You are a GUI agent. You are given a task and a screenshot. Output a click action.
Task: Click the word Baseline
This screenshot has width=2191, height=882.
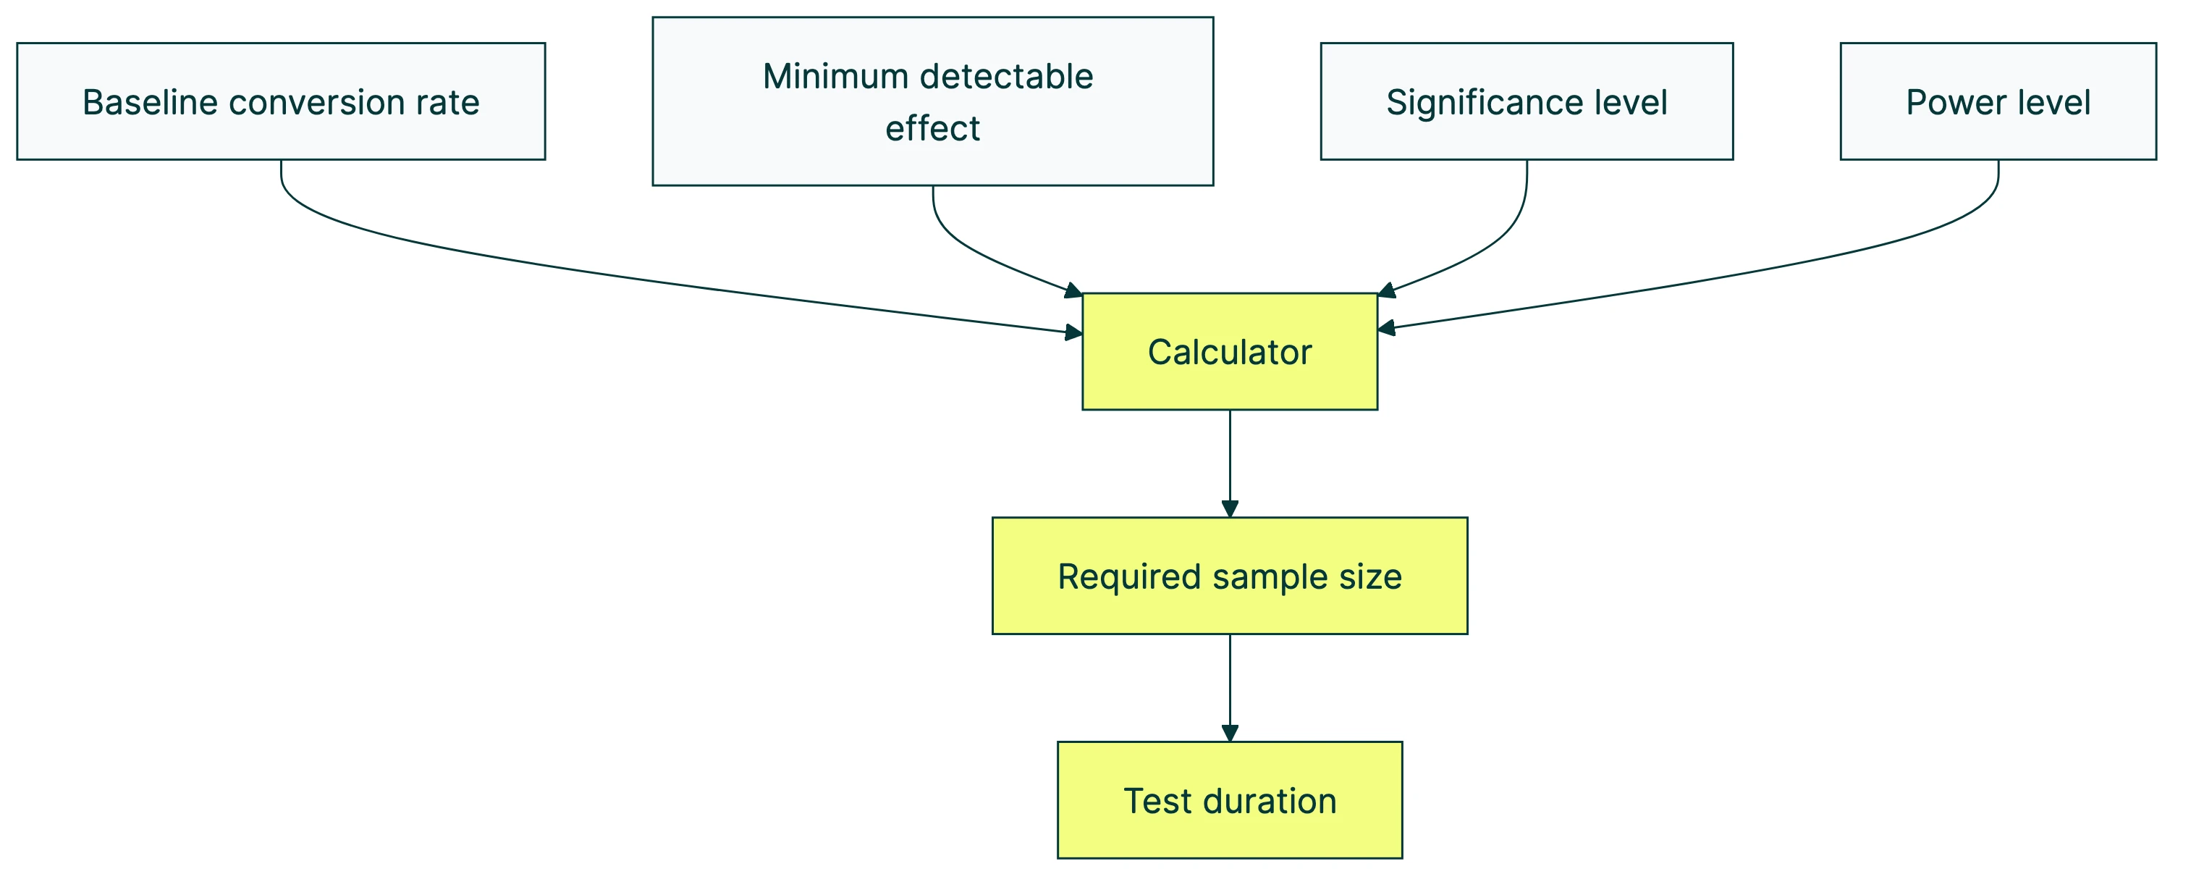click(x=151, y=102)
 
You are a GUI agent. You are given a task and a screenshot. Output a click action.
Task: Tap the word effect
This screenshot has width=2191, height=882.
click(x=932, y=128)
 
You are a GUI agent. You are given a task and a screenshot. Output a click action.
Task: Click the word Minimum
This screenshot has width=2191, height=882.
click(x=835, y=77)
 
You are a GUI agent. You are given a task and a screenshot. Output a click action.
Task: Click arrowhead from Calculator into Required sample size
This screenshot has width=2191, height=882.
click(x=1229, y=508)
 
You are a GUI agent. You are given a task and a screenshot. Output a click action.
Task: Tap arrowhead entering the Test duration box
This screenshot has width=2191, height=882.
click(x=1229, y=732)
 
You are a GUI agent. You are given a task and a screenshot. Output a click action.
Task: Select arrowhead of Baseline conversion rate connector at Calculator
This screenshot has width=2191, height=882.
click(x=1073, y=332)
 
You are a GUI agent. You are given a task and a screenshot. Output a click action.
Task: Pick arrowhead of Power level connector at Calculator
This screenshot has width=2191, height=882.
click(x=1386, y=327)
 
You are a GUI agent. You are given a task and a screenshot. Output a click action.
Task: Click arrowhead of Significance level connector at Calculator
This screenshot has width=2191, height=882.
click(x=1386, y=291)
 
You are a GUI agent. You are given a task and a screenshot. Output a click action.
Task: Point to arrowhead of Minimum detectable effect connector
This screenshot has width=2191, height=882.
click(x=1073, y=291)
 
